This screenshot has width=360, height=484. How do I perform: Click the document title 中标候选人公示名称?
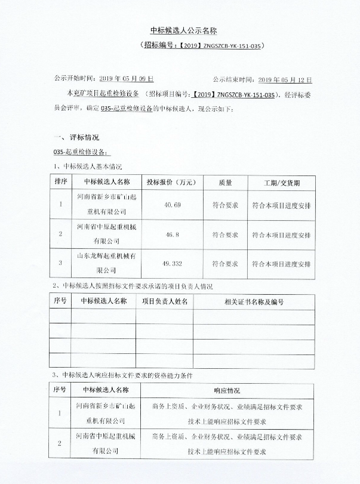[x=180, y=30]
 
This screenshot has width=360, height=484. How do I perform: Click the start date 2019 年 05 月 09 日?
[x=126, y=78]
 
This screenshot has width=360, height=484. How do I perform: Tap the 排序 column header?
[x=60, y=181]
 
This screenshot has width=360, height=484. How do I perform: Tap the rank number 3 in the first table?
[x=60, y=263]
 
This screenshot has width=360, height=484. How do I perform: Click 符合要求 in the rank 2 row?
[x=225, y=235]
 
